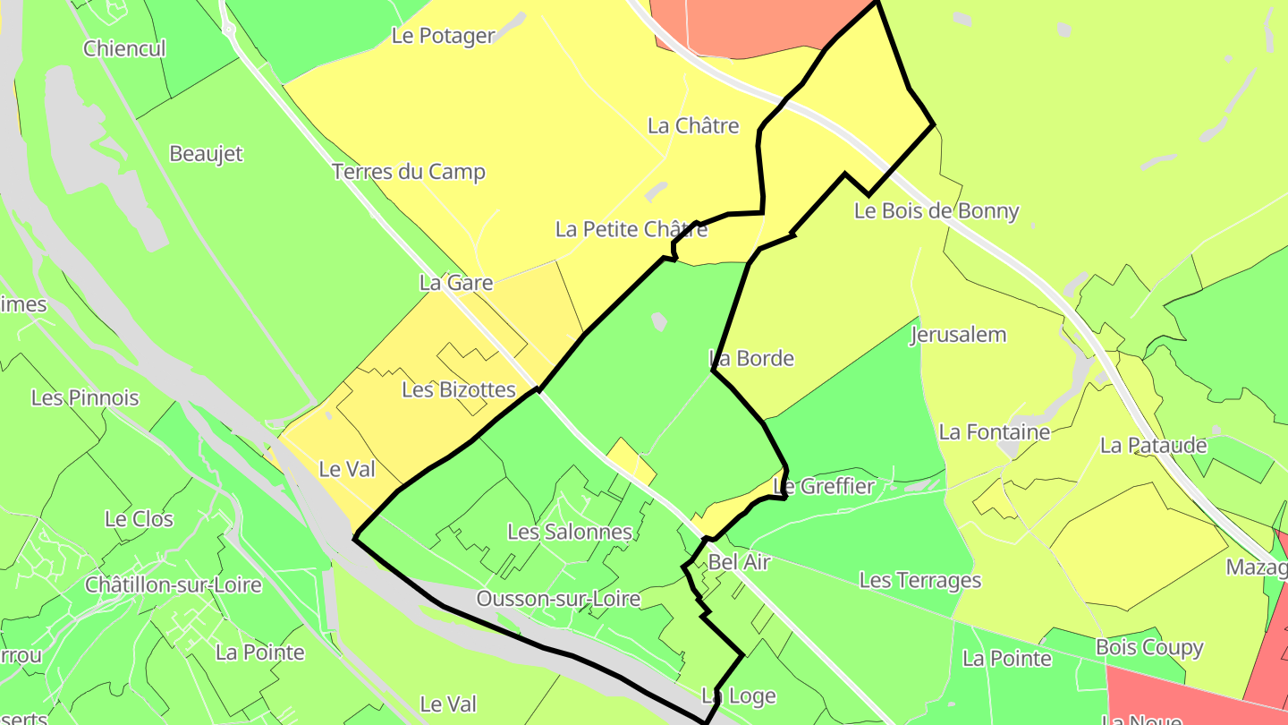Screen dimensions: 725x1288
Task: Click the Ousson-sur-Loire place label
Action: point(558,599)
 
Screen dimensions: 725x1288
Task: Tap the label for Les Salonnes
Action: point(569,532)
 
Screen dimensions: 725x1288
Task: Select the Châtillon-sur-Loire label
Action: point(174,585)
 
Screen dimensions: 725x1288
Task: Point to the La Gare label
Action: point(456,283)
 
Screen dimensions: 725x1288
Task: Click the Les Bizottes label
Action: point(459,389)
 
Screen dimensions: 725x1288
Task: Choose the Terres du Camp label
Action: point(409,172)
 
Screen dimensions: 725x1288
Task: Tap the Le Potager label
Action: point(444,36)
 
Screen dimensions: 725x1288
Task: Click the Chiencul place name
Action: point(124,48)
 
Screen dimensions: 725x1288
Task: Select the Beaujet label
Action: point(206,154)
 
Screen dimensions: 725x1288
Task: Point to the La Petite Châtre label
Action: point(631,229)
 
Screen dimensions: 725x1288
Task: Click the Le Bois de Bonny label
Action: point(936,211)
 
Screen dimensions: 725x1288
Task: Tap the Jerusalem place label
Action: point(958,335)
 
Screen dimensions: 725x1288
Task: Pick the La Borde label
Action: point(751,359)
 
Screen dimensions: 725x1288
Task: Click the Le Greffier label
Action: point(823,486)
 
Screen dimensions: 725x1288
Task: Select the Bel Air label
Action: point(739,562)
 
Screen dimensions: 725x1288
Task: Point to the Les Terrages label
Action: point(920,580)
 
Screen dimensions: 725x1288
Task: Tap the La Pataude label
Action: point(1154,445)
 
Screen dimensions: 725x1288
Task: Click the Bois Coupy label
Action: point(1149,647)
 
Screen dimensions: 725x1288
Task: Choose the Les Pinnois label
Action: point(85,397)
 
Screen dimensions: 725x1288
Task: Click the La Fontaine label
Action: point(995,432)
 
